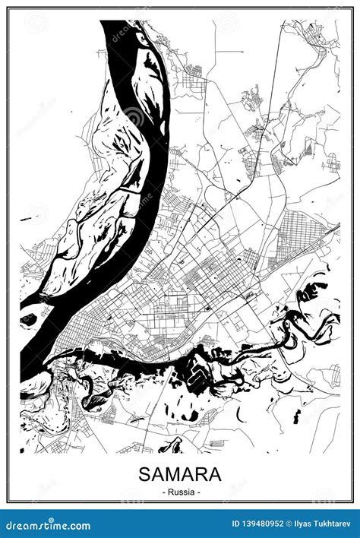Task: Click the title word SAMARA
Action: point(180,474)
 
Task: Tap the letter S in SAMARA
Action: point(145,474)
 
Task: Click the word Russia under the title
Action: point(180,492)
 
